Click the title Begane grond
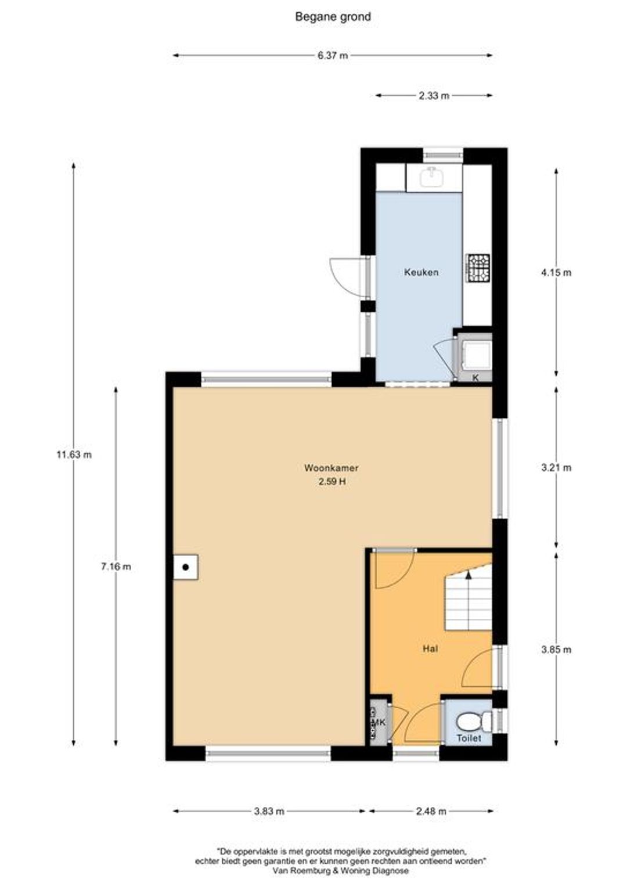[x=333, y=17]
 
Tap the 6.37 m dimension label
[x=333, y=56]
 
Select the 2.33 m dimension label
[x=434, y=95]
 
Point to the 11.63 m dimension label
[x=74, y=455]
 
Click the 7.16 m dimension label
[x=116, y=567]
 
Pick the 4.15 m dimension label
[x=556, y=272]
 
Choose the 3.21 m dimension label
[x=556, y=468]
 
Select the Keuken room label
[x=421, y=272]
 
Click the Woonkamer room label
[x=331, y=468]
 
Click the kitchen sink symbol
[x=434, y=177]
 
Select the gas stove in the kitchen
[x=478, y=268]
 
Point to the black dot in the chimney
[x=185, y=568]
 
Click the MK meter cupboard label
[x=379, y=722]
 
